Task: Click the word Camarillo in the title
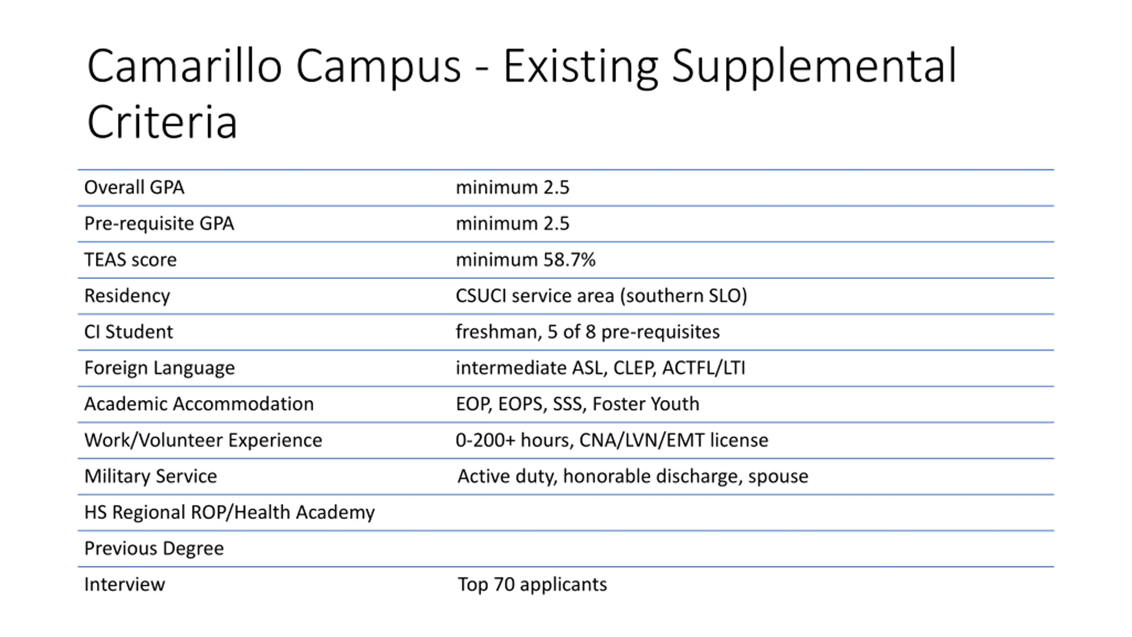point(184,66)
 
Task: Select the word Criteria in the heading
point(162,122)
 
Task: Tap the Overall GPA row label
point(134,188)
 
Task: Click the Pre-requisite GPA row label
point(159,224)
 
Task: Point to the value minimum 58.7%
point(526,260)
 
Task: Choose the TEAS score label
point(130,260)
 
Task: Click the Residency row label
point(127,296)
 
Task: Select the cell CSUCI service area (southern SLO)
point(601,296)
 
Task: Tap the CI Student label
point(129,332)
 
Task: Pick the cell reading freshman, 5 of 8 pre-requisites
point(588,332)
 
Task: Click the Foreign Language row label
point(160,368)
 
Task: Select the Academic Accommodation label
point(199,404)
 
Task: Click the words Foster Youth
point(646,404)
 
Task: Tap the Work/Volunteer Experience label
point(203,440)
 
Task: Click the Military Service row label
point(151,476)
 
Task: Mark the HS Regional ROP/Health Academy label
point(229,512)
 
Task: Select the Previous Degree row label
point(154,549)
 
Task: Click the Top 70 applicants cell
point(532,584)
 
